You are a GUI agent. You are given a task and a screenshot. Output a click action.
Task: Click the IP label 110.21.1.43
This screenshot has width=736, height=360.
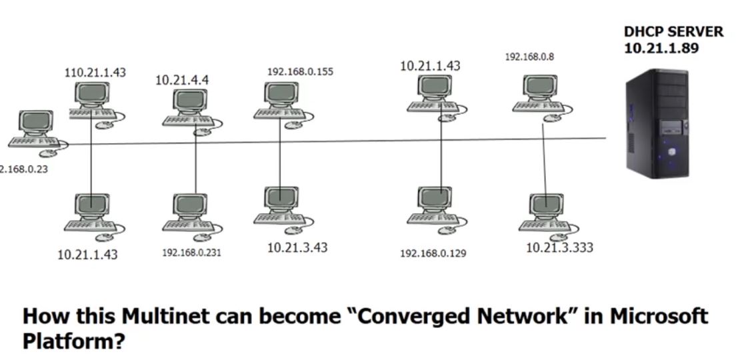(x=95, y=72)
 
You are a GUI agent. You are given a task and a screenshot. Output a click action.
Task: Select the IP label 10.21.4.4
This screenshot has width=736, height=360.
(x=182, y=80)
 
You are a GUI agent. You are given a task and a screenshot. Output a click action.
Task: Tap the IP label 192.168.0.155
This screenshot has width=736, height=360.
(x=300, y=71)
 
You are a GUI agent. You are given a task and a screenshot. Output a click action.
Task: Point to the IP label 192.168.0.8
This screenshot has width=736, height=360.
(x=529, y=57)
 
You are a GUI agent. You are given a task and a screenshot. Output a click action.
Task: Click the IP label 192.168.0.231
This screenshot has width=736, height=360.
(x=191, y=253)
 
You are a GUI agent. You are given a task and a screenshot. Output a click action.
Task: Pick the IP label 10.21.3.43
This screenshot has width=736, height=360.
(x=297, y=247)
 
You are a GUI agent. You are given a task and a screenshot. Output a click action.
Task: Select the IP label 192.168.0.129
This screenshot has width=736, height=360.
(x=433, y=253)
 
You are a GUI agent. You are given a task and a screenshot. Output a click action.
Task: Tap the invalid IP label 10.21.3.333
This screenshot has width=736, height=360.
(x=559, y=247)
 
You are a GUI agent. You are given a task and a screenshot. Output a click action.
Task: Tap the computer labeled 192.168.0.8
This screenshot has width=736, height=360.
(x=541, y=93)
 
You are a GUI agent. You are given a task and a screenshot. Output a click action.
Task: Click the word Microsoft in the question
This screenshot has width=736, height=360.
(x=651, y=316)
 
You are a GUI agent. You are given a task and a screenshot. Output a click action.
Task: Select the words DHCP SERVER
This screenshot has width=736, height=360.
(x=673, y=32)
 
